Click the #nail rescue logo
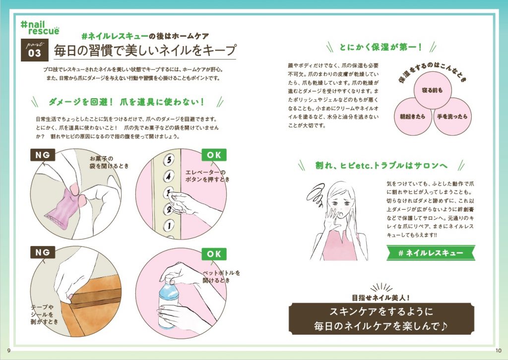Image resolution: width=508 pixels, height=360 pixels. tap(40, 28)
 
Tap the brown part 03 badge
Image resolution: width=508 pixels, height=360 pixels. tap(35, 50)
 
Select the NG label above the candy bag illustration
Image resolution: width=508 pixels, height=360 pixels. tap(43, 155)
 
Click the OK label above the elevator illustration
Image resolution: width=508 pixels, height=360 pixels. tap(214, 155)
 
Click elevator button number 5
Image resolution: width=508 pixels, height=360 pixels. tap(169, 159)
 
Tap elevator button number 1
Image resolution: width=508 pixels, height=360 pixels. tap(168, 225)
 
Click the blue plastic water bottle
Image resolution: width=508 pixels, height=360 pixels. tap(168, 301)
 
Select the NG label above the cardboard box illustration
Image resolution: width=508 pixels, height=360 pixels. tap(43, 252)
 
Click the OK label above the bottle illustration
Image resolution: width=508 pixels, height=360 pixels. tap(214, 254)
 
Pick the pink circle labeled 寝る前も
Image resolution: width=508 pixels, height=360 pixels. tap(433, 90)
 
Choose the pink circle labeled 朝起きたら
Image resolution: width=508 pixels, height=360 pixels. tap(413, 117)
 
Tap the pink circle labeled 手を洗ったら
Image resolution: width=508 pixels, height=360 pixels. tap(452, 117)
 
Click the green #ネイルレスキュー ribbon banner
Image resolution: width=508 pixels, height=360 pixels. tap(431, 253)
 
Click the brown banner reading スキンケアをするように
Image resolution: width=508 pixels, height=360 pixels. tap(381, 319)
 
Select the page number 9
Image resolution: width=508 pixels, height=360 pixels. tap(9, 351)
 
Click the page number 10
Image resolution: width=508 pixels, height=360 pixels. tap(498, 351)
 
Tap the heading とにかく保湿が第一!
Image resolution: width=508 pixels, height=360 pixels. tap(381, 47)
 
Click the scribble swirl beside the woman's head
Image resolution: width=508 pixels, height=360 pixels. tap(316, 194)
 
